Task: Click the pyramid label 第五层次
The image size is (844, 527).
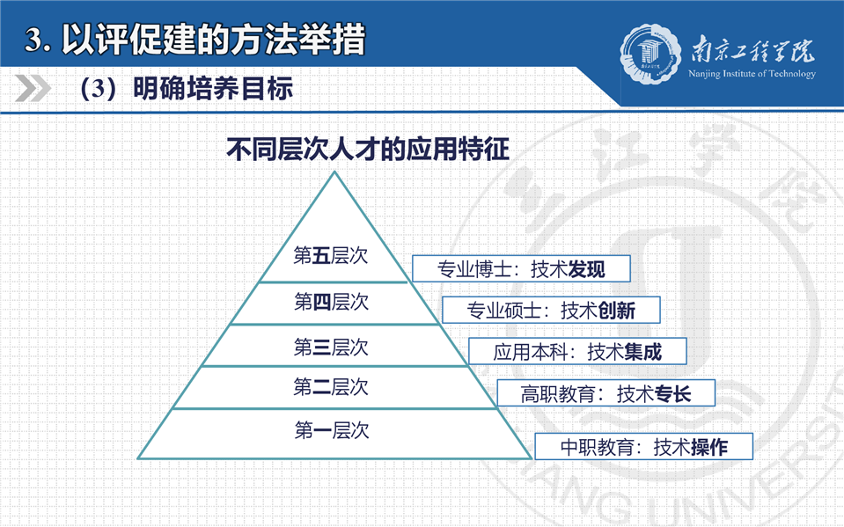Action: [331, 256]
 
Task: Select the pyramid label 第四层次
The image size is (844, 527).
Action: [331, 302]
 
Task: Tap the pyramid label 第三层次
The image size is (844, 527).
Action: [331, 348]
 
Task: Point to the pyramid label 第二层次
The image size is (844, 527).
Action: [331, 387]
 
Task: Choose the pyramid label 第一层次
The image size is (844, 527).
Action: [332, 430]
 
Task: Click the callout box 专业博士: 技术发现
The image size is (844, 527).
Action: [521, 268]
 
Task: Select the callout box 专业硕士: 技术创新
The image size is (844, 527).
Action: [551, 310]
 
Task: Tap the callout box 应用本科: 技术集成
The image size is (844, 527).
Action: [577, 352]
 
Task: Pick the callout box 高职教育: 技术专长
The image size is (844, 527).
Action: [606, 393]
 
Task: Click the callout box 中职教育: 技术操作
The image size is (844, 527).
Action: [643, 447]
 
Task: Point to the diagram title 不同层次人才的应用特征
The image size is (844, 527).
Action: [368, 149]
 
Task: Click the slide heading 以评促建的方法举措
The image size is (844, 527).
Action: [214, 40]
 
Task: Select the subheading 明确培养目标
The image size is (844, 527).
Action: [213, 88]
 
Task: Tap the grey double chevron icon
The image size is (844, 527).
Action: [33, 88]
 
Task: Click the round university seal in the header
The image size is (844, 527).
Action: [650, 54]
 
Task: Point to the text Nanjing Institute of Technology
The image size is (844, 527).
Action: [752, 74]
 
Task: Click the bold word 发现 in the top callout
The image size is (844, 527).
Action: [587, 269]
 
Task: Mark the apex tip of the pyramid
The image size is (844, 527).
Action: [334, 172]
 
